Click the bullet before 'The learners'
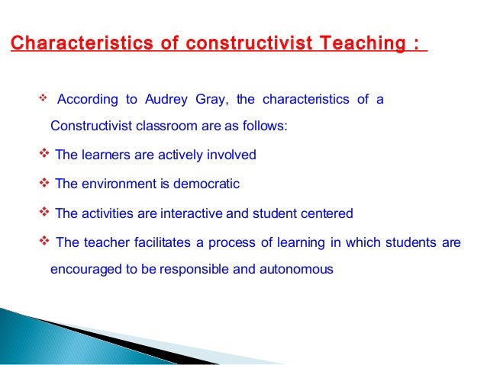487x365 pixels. click(43, 155)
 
